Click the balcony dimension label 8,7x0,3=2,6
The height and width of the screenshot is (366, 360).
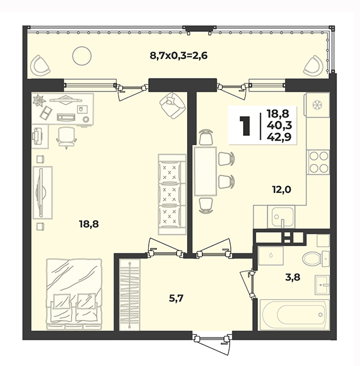point(178,56)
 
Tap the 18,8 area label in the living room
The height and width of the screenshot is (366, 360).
point(89,224)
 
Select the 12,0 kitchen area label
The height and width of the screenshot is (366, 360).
point(282,189)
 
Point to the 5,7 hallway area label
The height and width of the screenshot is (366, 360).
point(176,298)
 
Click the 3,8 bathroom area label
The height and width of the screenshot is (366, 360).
point(293,277)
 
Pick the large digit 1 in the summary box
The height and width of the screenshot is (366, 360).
point(245,126)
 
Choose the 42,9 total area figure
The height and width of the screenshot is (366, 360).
point(279,137)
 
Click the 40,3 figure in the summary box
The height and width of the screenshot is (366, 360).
point(279,126)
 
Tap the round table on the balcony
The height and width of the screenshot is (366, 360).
point(81,56)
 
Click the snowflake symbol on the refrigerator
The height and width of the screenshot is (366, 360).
point(317,105)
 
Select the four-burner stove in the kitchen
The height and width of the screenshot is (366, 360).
point(319,162)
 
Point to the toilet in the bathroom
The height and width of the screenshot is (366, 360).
point(316,259)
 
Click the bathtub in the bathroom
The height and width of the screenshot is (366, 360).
point(294,315)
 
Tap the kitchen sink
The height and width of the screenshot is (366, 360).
point(282,217)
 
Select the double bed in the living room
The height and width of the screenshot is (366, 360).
point(74,294)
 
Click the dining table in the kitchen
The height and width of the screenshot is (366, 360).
point(205,171)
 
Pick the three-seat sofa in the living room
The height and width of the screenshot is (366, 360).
point(172,194)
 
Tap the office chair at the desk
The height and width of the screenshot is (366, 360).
point(67,138)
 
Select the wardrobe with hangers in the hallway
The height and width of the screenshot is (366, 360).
point(129,295)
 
